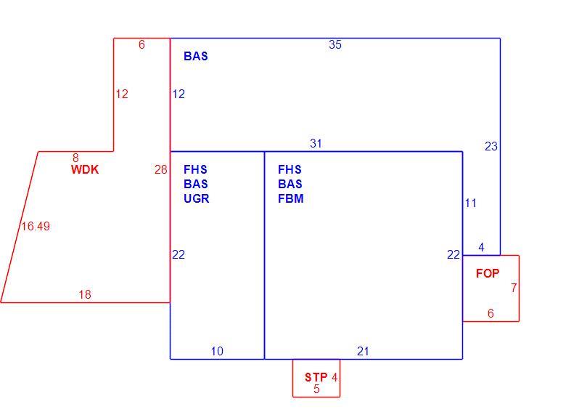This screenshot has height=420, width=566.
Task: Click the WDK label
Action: coord(85,169)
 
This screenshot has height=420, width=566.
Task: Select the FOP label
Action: coord(488,274)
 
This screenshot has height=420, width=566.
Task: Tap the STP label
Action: coord(316,377)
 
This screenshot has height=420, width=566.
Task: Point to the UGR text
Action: coord(197,198)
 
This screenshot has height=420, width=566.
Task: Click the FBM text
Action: coord(290,198)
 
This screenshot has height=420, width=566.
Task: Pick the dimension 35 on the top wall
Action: coord(335,44)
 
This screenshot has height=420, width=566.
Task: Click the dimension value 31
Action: coord(316,143)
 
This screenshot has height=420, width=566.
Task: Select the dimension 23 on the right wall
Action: coord(491,146)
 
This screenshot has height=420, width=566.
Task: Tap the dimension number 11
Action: coord(471,203)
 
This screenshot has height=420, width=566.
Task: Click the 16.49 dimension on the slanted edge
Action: coord(36,226)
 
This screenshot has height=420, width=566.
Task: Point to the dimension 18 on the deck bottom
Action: coord(85,294)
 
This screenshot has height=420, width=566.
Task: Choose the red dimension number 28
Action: coord(161,169)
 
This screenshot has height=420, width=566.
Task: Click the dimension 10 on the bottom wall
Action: coord(217,351)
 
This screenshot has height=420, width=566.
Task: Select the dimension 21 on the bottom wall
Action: coord(363,351)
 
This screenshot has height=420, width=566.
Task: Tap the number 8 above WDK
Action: coord(75,158)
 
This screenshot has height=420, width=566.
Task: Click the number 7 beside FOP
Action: coord(514,288)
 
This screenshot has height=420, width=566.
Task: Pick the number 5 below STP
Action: coord(316,389)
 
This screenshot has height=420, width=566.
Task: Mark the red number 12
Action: coord(122,94)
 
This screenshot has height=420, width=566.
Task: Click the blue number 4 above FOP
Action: coord(481,247)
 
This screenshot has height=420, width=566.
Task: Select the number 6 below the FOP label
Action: coord(491,313)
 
